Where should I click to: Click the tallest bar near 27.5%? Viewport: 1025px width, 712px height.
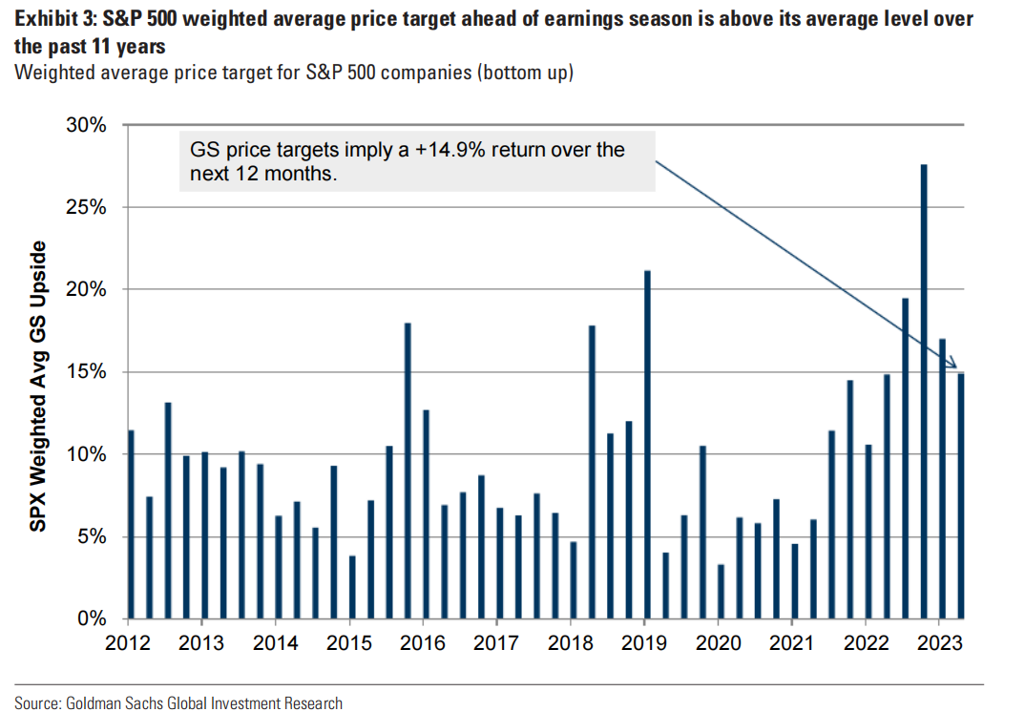tap(924, 391)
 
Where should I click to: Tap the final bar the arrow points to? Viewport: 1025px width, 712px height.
tap(960, 495)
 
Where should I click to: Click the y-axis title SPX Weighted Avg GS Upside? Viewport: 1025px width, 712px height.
tap(38, 386)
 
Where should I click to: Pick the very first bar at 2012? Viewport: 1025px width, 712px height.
tap(131, 524)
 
